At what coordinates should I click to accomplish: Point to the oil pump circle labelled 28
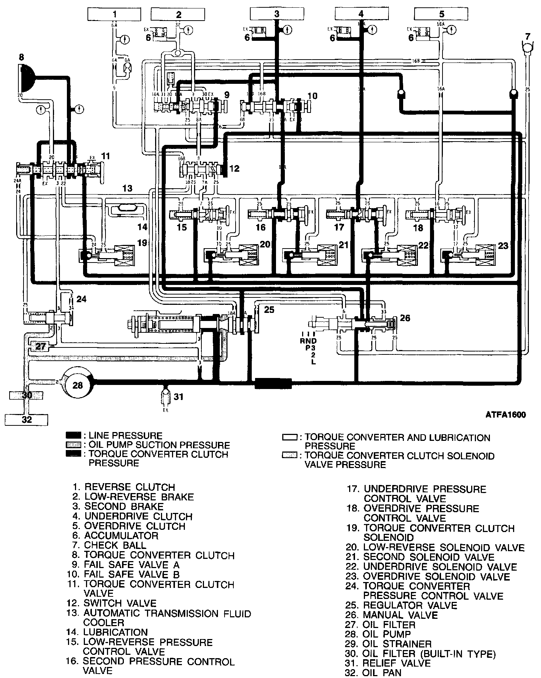[x=78, y=385]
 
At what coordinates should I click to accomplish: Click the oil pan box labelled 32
[x=26, y=420]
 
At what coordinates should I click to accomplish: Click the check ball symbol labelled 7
[x=528, y=47]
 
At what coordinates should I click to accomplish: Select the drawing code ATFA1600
[x=505, y=415]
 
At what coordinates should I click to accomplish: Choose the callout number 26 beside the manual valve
[x=405, y=317]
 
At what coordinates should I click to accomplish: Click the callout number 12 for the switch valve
[x=234, y=168]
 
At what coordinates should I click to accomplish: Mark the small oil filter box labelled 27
[x=40, y=346]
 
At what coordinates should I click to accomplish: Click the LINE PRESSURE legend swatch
[x=74, y=436]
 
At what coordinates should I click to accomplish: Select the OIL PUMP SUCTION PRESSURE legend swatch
[x=74, y=445]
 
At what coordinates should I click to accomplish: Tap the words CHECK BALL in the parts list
[x=115, y=545]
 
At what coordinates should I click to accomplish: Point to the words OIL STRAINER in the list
[x=397, y=644]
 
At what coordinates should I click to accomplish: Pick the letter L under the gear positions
[x=313, y=362]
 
